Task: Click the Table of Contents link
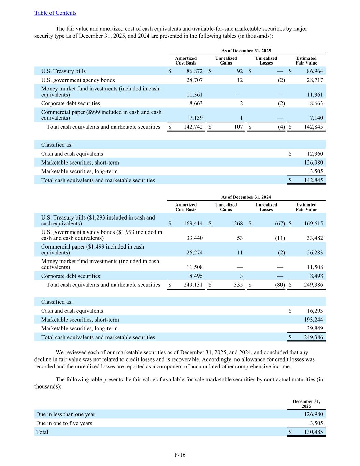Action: (55, 13)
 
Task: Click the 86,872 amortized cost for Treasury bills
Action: (195, 71)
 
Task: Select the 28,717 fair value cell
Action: (314, 80)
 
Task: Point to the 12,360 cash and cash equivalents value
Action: (314, 154)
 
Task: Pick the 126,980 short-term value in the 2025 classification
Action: (314, 163)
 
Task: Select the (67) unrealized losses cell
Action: (280, 224)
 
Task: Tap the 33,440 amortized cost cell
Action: (195, 238)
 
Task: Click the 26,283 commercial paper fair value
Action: (314, 253)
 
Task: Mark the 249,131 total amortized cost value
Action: (193, 285)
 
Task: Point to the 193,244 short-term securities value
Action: (314, 320)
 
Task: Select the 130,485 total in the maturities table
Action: (314, 432)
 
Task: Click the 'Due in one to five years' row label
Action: (64, 423)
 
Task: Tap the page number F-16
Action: (180, 455)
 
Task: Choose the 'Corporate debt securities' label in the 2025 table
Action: (71, 103)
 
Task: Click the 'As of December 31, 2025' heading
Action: (246, 51)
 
